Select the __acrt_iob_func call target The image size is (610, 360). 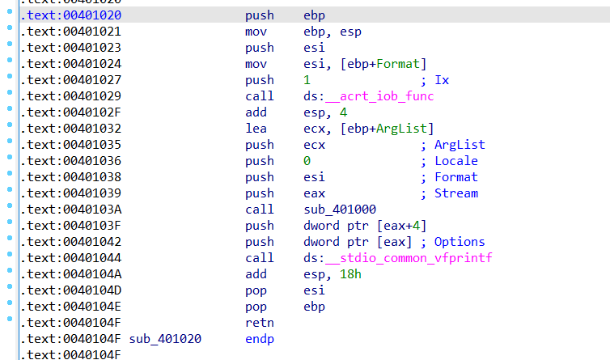click(x=379, y=96)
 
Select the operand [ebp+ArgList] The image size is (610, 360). click(x=379, y=129)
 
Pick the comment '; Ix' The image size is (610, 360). click(x=435, y=80)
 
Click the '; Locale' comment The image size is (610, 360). click(x=449, y=161)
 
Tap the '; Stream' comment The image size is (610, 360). click(x=449, y=193)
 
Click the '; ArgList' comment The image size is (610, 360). click(x=452, y=145)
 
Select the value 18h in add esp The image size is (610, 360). click(x=349, y=274)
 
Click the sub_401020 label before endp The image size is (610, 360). click(x=165, y=339)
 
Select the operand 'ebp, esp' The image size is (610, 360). click(x=332, y=32)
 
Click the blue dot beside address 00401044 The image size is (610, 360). click(x=8, y=258)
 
